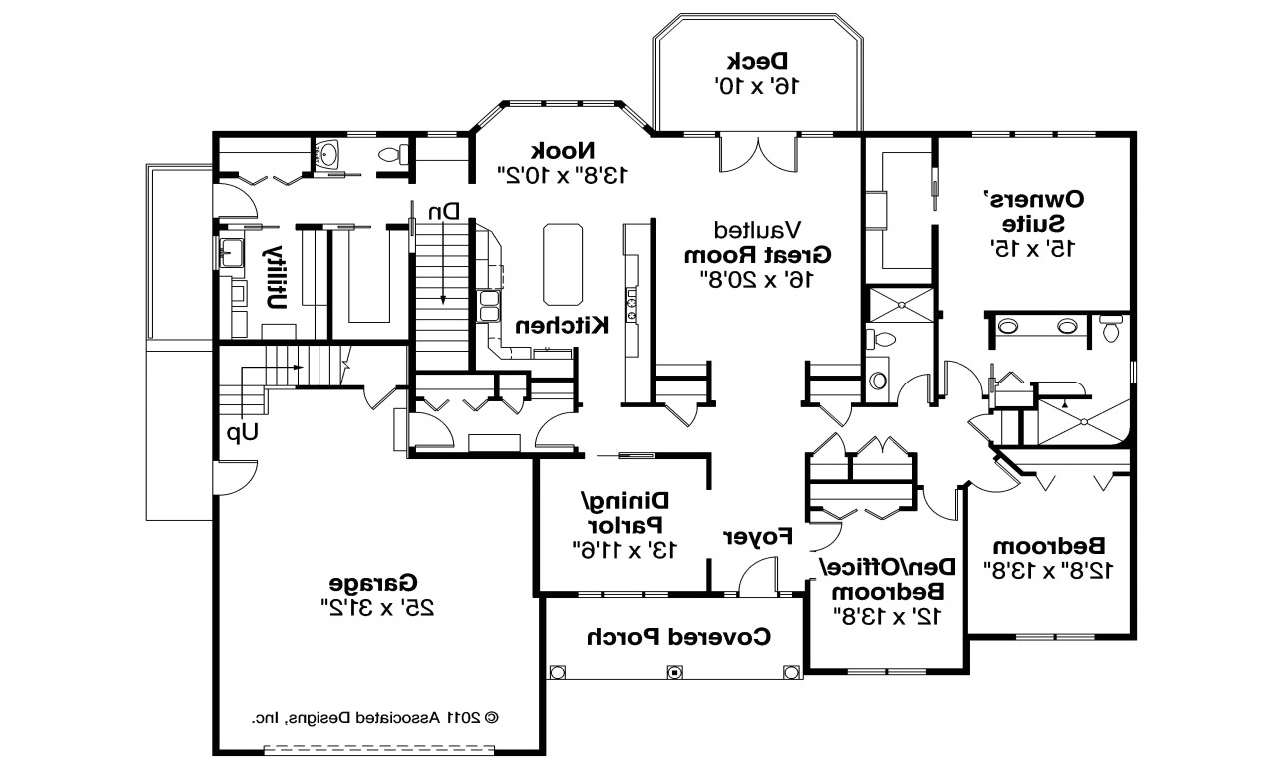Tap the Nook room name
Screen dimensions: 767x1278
[563, 151]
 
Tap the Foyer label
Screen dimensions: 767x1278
[757, 536]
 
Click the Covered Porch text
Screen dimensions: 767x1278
[678, 635]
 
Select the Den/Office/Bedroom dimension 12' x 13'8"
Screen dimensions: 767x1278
[887, 616]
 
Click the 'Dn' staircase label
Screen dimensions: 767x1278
[444, 212]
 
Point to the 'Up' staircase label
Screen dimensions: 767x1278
[242, 433]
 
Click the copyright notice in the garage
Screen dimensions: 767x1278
[374, 717]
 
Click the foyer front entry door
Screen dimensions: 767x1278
[758, 578]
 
